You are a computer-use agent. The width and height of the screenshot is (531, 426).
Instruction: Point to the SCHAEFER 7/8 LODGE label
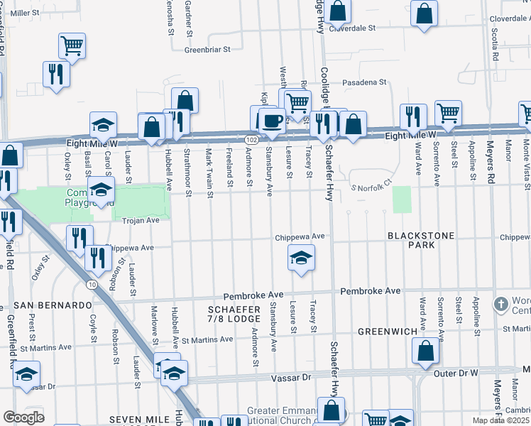234,315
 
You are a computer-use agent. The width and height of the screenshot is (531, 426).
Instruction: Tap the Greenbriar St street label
208,50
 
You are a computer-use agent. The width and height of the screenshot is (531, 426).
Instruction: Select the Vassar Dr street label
292,378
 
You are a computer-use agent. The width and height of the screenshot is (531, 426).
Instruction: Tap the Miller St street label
25,13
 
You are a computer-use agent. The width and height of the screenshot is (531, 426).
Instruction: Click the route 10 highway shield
93,284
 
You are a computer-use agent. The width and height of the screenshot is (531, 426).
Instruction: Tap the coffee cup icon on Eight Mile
272,120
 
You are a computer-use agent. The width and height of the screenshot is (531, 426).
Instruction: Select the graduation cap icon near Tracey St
301,258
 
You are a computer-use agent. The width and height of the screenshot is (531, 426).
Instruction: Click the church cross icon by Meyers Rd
502,304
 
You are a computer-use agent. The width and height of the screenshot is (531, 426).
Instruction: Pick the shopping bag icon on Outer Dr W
425,351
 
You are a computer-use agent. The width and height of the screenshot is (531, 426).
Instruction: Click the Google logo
23,417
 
